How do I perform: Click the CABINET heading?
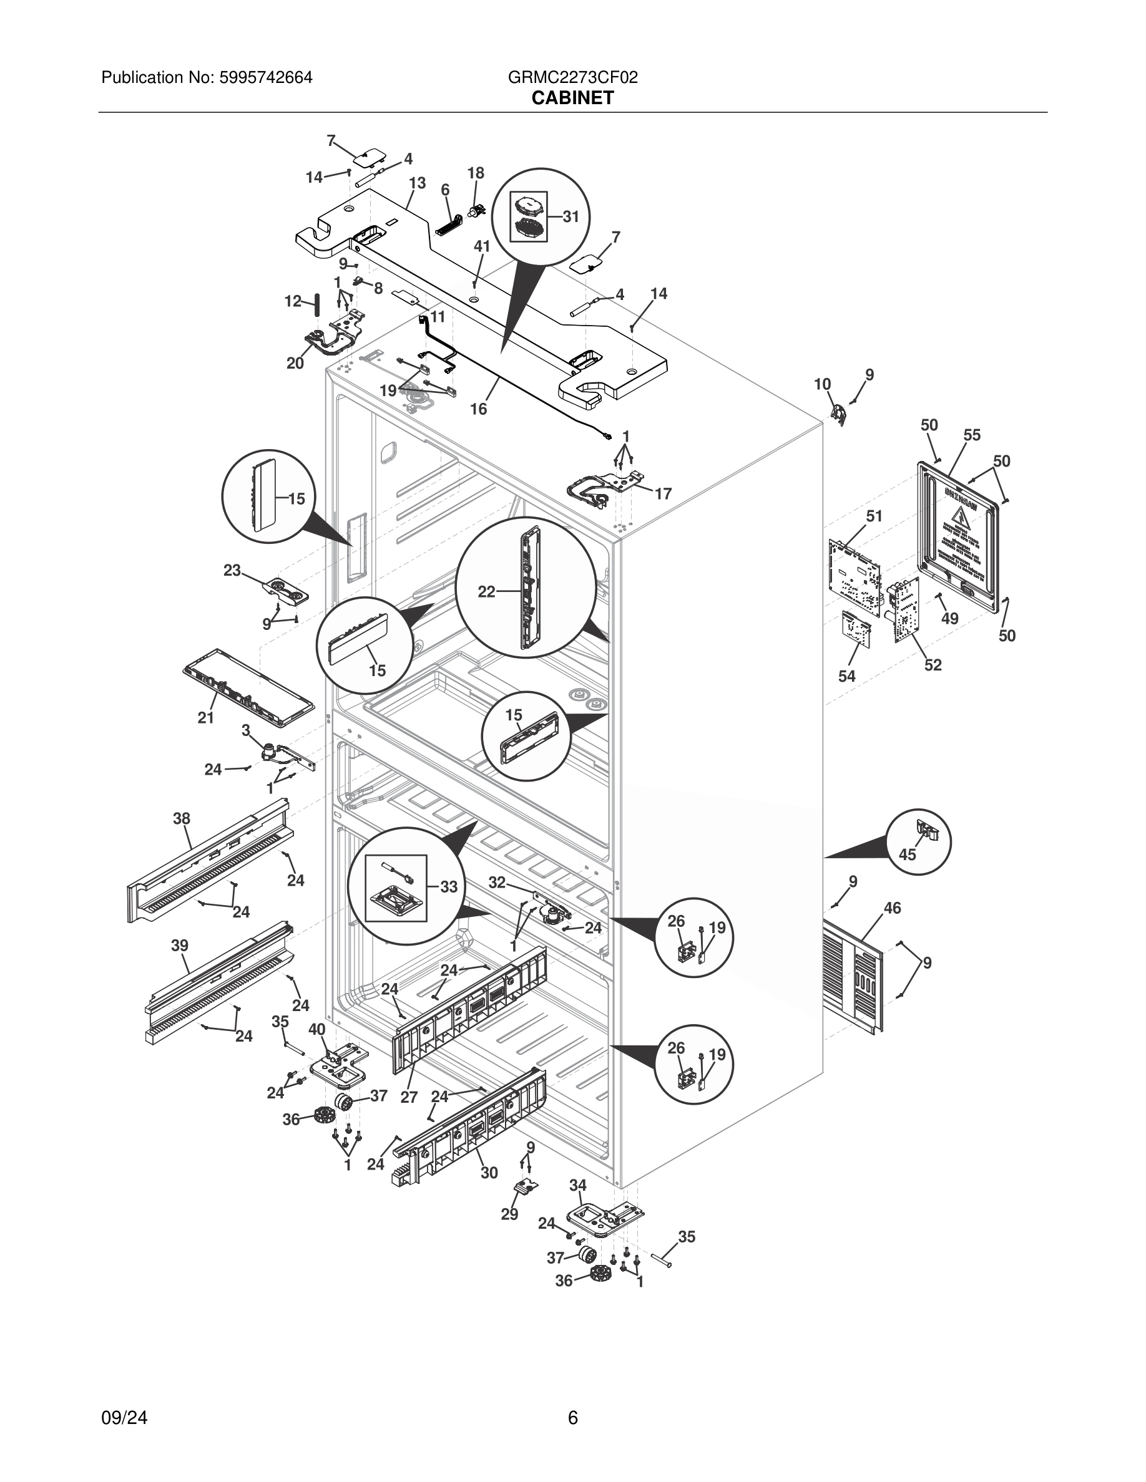(x=572, y=99)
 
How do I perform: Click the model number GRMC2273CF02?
(x=572, y=78)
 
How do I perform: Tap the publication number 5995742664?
(x=265, y=78)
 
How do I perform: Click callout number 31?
(x=571, y=216)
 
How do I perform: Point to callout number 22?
(x=486, y=592)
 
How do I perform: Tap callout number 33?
(x=449, y=886)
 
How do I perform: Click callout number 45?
(x=908, y=855)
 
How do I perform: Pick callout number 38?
(x=181, y=818)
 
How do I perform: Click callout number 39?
(x=179, y=945)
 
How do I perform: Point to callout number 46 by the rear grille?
(x=892, y=908)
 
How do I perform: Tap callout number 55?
(x=972, y=435)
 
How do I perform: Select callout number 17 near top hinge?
(x=664, y=494)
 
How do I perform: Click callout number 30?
(x=489, y=1173)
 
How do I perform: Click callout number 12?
(x=293, y=301)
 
